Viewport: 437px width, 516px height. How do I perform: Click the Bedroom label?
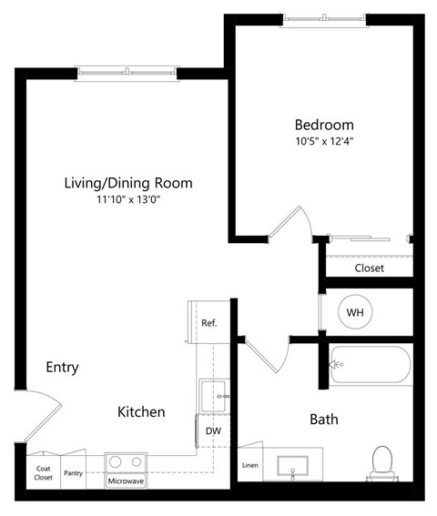click(323, 125)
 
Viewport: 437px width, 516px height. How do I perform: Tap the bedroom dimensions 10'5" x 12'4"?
click(323, 142)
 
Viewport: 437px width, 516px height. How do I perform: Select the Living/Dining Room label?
click(127, 183)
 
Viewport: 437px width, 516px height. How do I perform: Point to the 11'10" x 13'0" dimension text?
click(127, 200)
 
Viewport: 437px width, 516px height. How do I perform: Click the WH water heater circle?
click(355, 313)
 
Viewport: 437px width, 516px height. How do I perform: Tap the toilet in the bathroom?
click(381, 461)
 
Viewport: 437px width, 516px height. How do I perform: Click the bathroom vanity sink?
click(292, 466)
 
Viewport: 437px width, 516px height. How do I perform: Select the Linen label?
click(249, 466)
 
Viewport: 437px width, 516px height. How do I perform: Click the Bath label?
click(324, 420)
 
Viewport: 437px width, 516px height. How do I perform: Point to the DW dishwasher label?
click(213, 430)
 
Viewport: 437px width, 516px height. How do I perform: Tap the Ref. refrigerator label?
click(208, 323)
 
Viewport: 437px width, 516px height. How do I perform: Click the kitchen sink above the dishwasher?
click(212, 396)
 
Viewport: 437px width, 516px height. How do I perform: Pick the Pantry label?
click(73, 473)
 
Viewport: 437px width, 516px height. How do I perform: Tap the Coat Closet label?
click(44, 472)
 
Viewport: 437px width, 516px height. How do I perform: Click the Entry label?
click(62, 368)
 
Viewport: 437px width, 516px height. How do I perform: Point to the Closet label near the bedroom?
click(369, 268)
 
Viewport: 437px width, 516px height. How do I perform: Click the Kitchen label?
click(141, 412)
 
